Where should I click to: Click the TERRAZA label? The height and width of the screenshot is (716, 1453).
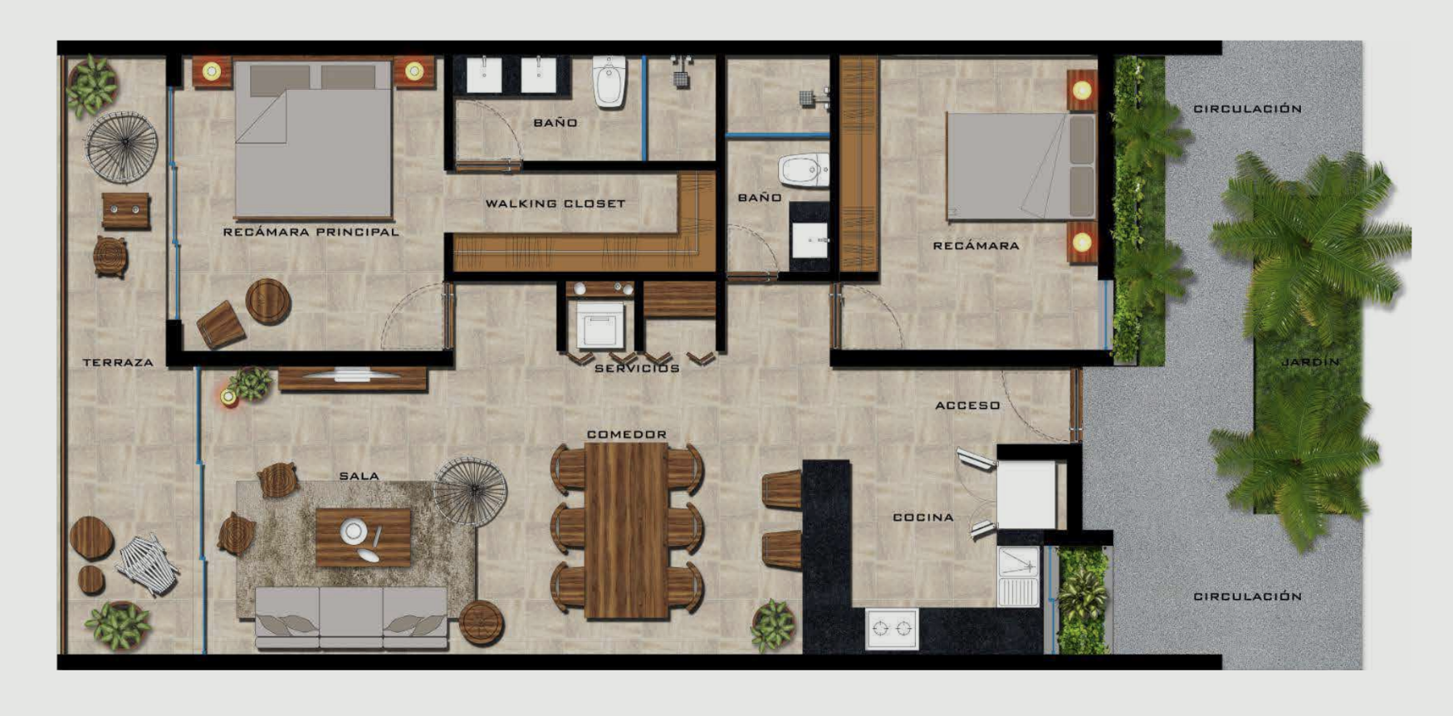[118, 362]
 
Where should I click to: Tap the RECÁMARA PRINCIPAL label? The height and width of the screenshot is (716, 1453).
[311, 232]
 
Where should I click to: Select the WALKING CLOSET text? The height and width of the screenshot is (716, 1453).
[555, 204]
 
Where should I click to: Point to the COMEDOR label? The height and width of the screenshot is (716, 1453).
[627, 434]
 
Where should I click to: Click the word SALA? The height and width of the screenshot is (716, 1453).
[359, 476]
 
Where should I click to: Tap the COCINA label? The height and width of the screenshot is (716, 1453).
[923, 517]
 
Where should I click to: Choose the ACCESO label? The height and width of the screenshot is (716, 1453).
[967, 405]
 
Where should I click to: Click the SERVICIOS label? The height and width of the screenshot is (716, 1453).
[637, 368]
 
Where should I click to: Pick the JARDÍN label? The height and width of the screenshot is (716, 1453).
[1310, 362]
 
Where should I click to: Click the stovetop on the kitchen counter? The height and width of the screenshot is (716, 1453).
[892, 629]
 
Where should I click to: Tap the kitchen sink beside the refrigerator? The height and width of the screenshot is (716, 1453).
[1018, 576]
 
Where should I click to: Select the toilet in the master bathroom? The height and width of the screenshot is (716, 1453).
[609, 81]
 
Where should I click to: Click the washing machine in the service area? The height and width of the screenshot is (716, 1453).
[600, 325]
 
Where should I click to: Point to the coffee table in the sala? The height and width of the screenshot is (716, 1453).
[364, 537]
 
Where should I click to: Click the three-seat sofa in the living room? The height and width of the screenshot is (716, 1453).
[351, 618]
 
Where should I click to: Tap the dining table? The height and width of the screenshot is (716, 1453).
[627, 531]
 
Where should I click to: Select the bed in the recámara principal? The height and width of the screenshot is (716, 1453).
[313, 140]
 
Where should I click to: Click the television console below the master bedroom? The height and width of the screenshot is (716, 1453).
[353, 379]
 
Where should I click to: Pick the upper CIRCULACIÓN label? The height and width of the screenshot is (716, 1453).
[1247, 109]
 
